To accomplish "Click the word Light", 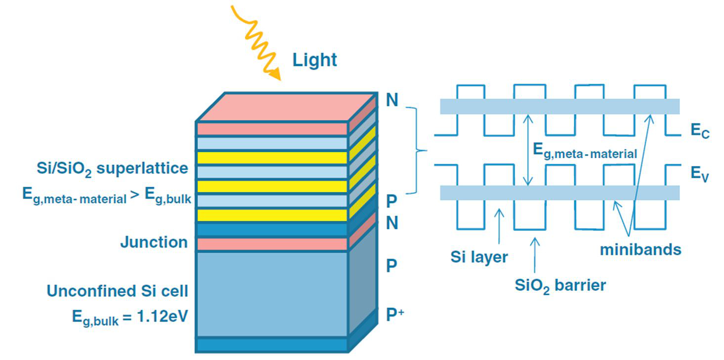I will pyautogui.click(x=315, y=60).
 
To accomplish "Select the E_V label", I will pyautogui.click(x=699, y=175).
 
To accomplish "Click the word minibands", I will pyautogui.click(x=640, y=250).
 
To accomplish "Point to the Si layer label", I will pyautogui.click(x=479, y=257).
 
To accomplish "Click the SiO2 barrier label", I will pyautogui.click(x=560, y=285).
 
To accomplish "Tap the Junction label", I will pyautogui.click(x=154, y=242).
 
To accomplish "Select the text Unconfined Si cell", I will pyautogui.click(x=118, y=291).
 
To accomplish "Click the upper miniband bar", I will pyautogui.click(x=559, y=106).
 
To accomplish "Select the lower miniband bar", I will pyautogui.click(x=559, y=193).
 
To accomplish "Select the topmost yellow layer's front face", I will pyautogui.click(x=272, y=158).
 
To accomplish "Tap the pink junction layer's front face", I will pyautogui.click(x=272, y=244).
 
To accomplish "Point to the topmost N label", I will pyautogui.click(x=392, y=100).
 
